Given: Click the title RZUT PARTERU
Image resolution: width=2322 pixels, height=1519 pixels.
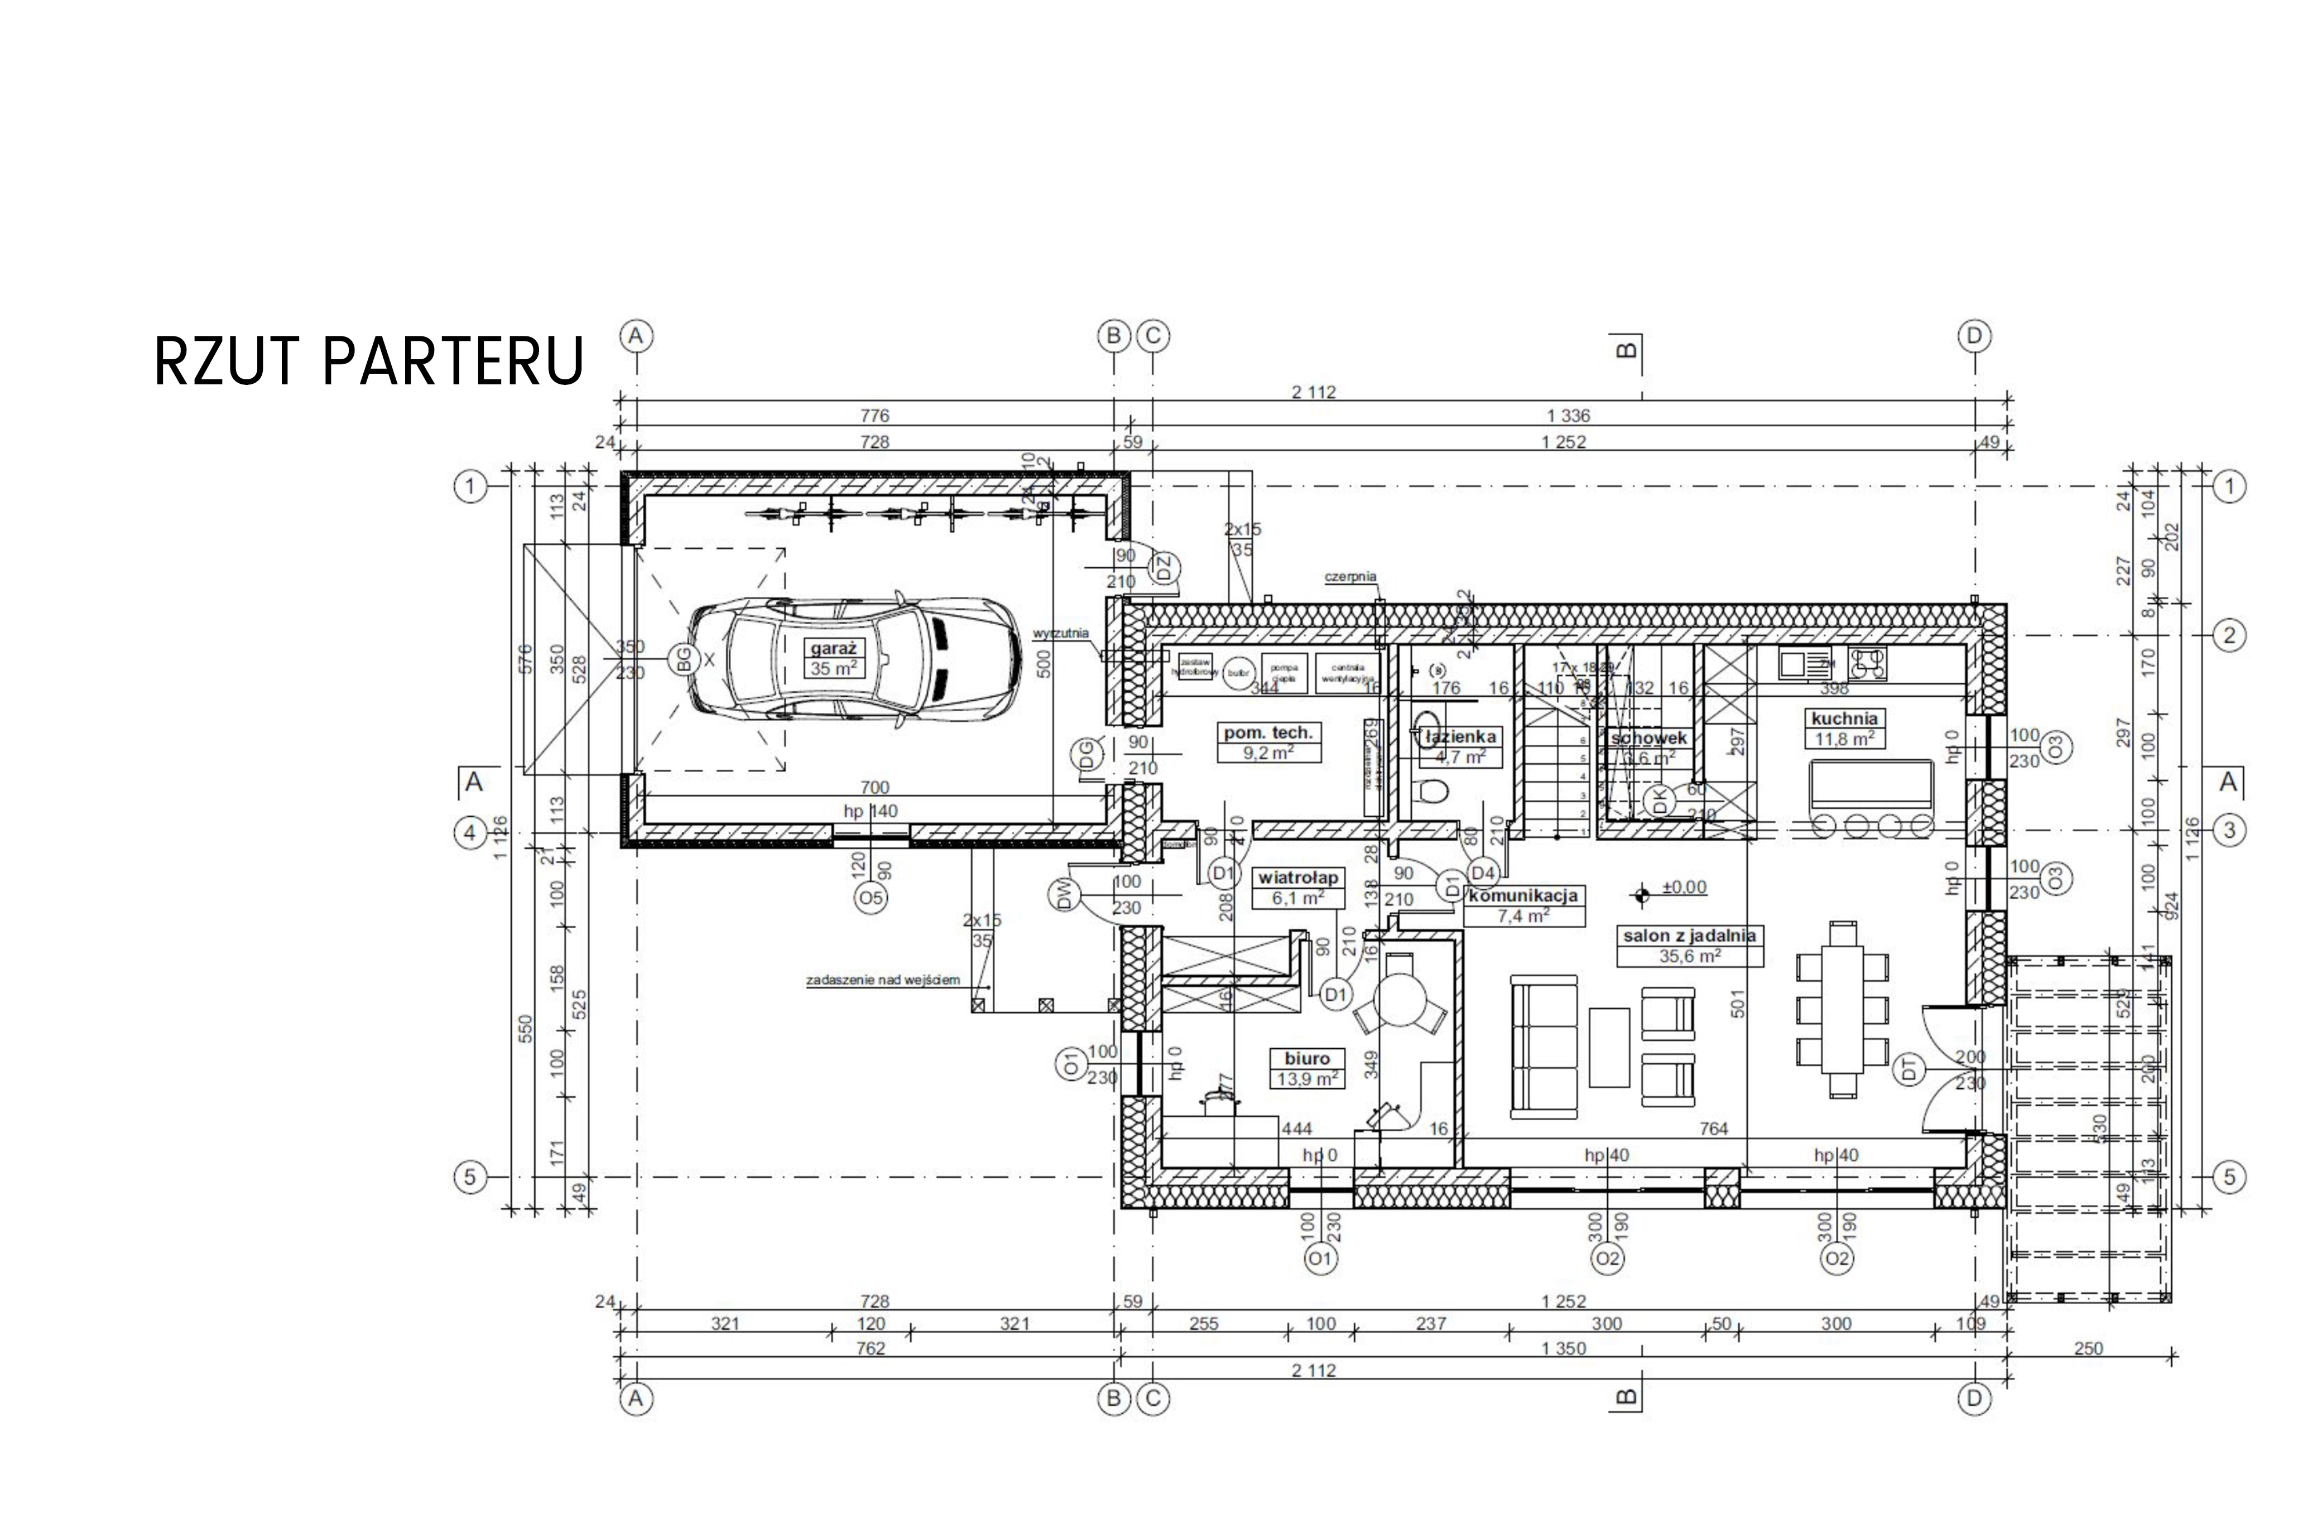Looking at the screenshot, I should point(369,361).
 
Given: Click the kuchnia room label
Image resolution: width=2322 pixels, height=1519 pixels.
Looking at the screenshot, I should point(1844,719).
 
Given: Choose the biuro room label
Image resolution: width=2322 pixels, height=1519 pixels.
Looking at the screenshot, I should point(1307,1059).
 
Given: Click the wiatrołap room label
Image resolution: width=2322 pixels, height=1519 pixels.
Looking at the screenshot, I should point(1297,877).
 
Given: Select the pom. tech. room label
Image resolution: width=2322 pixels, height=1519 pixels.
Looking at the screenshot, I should point(1268,732).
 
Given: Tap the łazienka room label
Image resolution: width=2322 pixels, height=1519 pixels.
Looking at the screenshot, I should point(1459,737).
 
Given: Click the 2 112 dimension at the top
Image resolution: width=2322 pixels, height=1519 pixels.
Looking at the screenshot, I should point(1313,392).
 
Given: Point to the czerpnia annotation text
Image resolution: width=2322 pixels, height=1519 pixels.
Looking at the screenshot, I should point(1350,577).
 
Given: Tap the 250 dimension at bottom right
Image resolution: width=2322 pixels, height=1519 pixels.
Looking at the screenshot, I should point(2088,1348).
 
